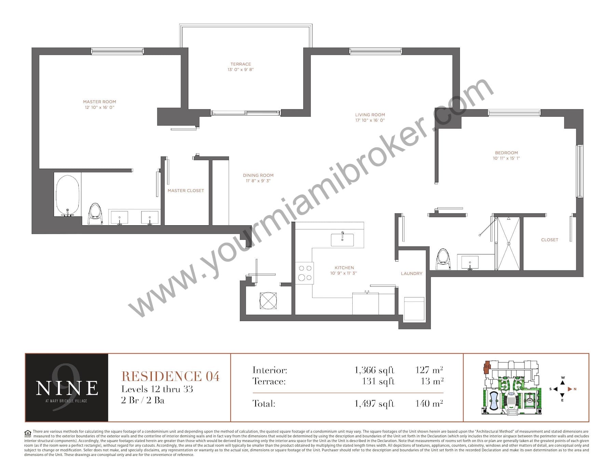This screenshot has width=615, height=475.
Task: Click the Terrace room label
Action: pyautogui.click(x=241, y=64)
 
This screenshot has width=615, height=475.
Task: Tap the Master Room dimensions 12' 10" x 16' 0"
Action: pyautogui.click(x=99, y=107)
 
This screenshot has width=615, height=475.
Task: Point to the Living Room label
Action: pyautogui.click(x=370, y=115)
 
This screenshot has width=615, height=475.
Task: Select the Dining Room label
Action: pyautogui.click(x=258, y=175)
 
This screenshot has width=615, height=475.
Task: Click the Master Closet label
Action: pyautogui.click(x=186, y=191)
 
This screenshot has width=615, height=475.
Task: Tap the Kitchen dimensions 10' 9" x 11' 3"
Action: pyautogui.click(x=344, y=273)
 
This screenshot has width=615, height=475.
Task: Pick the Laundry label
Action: pyautogui.click(x=412, y=274)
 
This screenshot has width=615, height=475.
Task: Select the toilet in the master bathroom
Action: pyautogui.click(x=95, y=214)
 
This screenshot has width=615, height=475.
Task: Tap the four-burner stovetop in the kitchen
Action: pyautogui.click(x=305, y=273)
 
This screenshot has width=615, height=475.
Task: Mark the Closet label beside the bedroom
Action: pyautogui.click(x=549, y=240)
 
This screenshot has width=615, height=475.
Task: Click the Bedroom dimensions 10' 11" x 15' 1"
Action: pyautogui.click(x=506, y=158)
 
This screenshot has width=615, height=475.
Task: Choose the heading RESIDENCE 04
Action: pyautogui.click(x=170, y=376)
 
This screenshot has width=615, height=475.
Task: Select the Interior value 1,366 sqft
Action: pyautogui.click(x=374, y=370)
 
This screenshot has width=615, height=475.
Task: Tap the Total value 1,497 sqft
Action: pyautogui.click(x=374, y=404)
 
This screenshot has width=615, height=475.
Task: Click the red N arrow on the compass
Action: pyautogui.click(x=570, y=389)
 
